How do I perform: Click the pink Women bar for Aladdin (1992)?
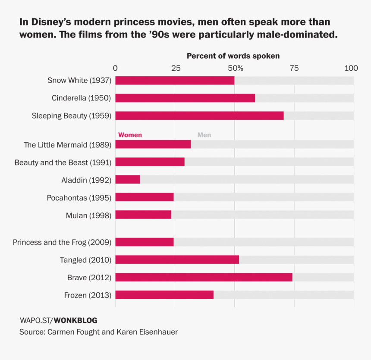128,179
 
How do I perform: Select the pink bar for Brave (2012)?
204,277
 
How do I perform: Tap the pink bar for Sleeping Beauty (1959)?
199,116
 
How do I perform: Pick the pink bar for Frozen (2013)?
164,295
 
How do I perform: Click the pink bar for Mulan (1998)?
143,215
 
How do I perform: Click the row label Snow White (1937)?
79,80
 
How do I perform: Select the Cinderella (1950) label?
81,98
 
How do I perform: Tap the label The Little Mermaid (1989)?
68,145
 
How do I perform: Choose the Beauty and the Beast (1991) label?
63,163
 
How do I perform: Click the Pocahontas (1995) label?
79,198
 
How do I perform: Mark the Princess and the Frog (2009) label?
62,242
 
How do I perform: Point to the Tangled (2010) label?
85,260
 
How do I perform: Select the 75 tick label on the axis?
294,68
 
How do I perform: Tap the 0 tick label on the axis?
115,68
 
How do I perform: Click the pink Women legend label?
130,135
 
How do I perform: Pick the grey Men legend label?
204,135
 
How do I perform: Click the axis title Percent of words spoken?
233,56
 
